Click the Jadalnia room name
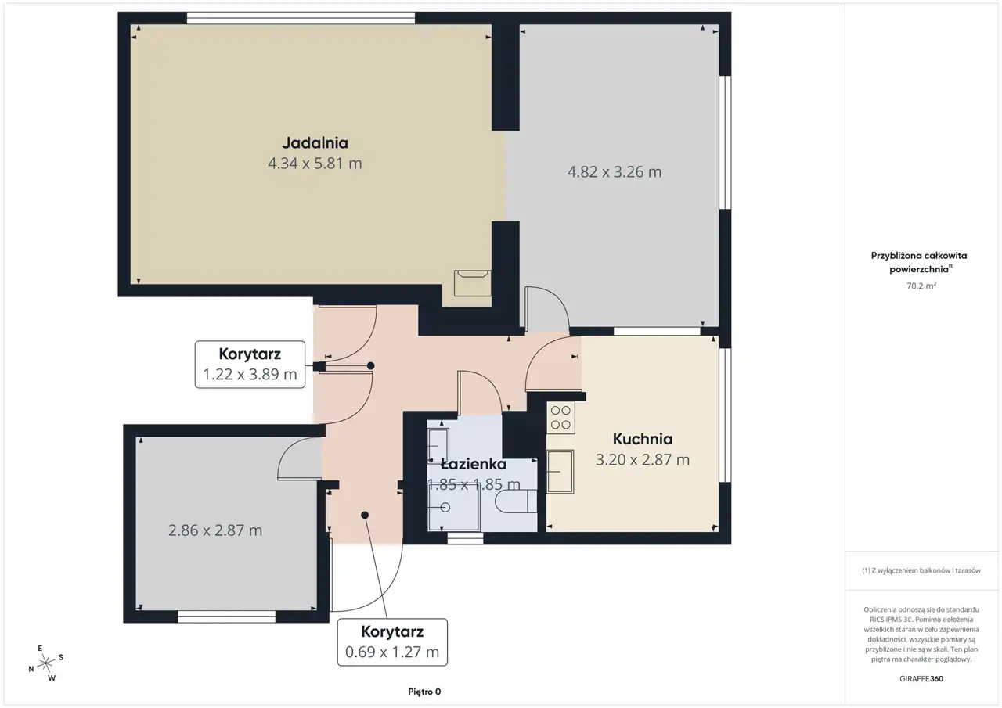pos(315,143)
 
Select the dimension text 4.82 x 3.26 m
pos(615,171)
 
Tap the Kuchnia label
pos(643,439)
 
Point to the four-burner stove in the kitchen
pos(560,417)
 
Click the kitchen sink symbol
pos(560,471)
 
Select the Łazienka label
pos(474,465)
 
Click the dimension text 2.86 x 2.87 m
pos(215,530)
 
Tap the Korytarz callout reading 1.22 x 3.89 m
pos(250,365)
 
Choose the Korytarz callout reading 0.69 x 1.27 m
pos(392,642)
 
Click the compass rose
pos(46,663)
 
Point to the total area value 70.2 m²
pos(921,286)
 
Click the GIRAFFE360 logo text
pos(921,678)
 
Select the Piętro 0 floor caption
pos(424,692)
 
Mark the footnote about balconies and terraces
pos(921,570)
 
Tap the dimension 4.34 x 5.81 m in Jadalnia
pos(315,164)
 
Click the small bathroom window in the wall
pos(465,539)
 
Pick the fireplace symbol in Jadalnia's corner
pos(472,283)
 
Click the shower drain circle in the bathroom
pos(445,507)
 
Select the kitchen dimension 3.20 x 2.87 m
pos(643,459)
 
